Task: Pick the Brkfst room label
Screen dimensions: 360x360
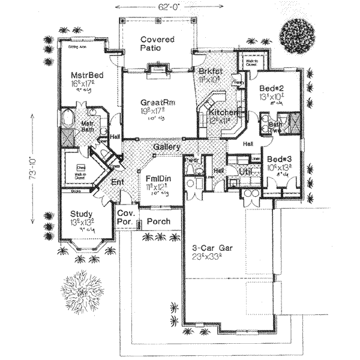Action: pyautogui.click(x=210, y=71)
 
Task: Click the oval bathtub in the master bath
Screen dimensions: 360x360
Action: pyautogui.click(x=67, y=115)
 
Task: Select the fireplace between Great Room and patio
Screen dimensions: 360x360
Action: pyautogui.click(x=158, y=71)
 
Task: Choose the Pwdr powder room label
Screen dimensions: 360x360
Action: pyautogui.click(x=194, y=161)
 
